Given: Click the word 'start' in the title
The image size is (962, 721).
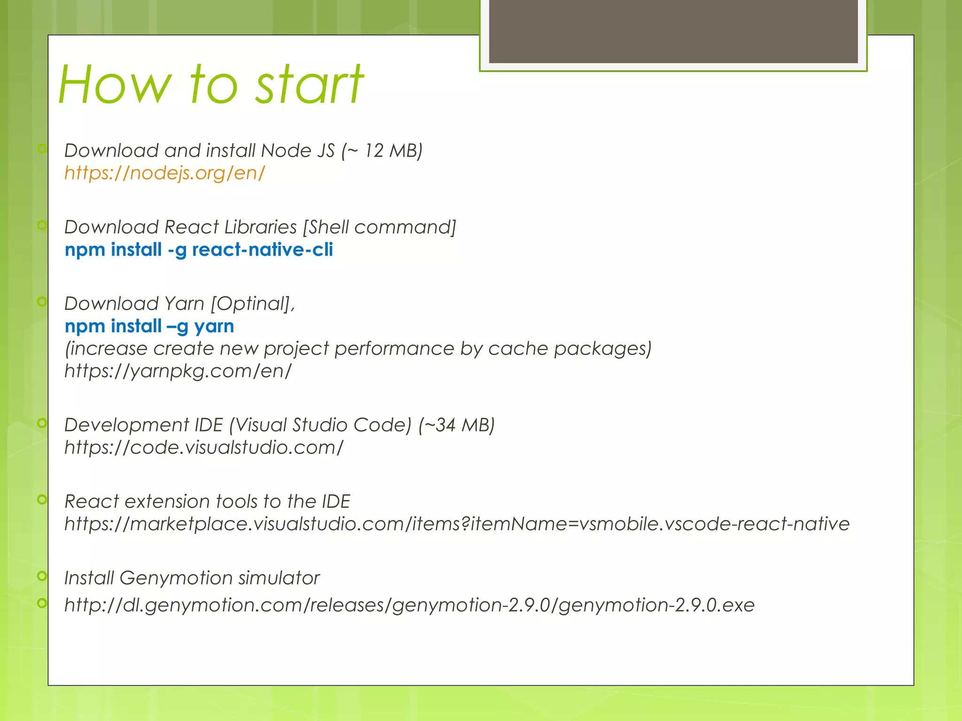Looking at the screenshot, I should [309, 85].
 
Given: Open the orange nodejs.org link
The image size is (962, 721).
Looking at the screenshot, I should [164, 173].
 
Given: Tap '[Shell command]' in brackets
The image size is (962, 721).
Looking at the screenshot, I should [380, 227].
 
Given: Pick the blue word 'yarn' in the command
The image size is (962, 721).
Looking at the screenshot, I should [214, 326].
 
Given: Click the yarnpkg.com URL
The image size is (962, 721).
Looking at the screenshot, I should [178, 371].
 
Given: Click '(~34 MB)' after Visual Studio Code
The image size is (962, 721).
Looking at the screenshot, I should [456, 425].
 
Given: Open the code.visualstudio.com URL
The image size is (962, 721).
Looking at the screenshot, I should [204, 447].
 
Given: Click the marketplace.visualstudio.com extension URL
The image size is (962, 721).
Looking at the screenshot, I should [457, 524].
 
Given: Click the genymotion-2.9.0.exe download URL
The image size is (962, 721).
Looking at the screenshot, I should [409, 605].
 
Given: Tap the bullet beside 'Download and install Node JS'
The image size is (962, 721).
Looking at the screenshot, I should [42, 149].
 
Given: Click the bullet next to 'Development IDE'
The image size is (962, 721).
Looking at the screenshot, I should [42, 423].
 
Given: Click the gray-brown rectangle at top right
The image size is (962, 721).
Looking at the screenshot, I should [673, 31].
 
